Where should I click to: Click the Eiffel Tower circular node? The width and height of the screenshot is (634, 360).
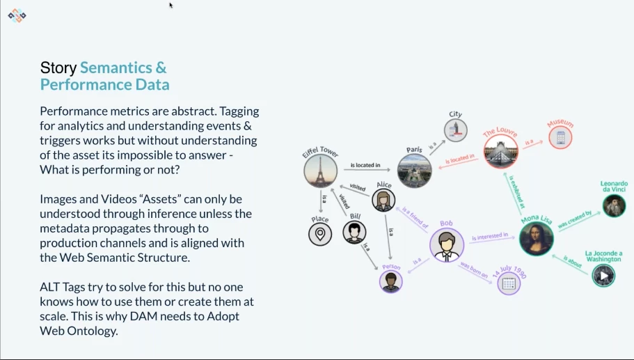320,171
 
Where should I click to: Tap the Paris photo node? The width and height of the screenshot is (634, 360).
415,171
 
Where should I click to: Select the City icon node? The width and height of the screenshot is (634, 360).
456,130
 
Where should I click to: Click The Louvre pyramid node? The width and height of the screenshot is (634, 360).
501,152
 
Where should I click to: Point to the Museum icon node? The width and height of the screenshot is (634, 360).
560,137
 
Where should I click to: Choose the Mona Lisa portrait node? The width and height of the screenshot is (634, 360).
537,238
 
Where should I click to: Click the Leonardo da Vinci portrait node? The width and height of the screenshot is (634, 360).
614,205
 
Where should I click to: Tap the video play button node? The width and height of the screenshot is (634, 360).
603,276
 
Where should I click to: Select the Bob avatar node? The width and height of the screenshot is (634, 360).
446,244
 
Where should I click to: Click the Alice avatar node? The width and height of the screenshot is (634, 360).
383,200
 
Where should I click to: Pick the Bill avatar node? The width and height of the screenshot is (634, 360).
354,232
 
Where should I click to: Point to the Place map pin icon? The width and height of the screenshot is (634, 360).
320,234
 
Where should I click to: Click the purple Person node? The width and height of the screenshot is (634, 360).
391,281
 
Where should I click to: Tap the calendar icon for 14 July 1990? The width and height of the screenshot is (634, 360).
509,283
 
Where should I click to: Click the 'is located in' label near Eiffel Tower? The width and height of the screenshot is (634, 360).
365,165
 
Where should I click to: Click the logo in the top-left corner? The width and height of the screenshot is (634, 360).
17,15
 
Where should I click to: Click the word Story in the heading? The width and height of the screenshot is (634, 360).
58,68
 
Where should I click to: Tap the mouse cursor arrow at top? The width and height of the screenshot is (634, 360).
171,6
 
